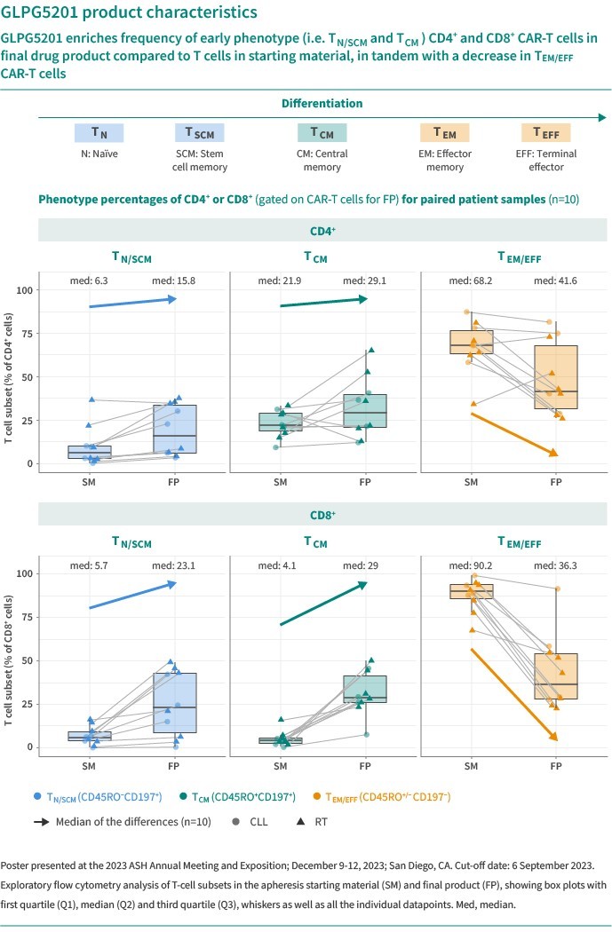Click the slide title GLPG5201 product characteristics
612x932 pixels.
coord(131,14)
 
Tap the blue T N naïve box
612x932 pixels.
coord(99,133)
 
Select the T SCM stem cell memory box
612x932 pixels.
coord(200,133)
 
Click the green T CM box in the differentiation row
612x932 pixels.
coord(322,133)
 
